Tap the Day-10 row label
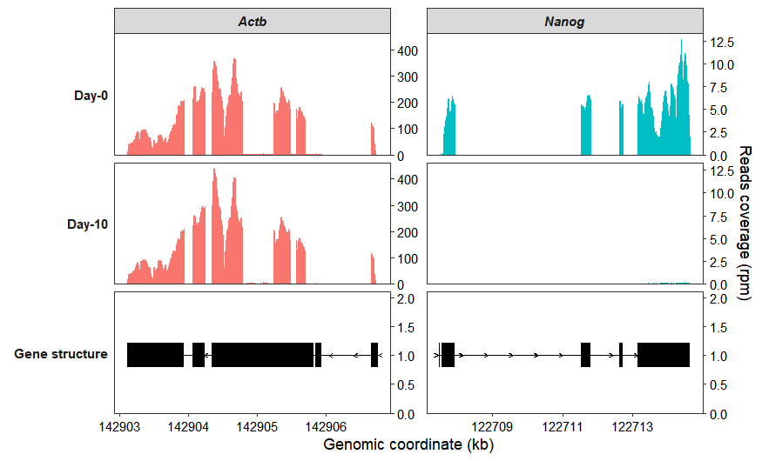click(x=88, y=224)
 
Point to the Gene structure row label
click(x=61, y=354)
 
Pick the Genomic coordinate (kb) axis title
click(x=408, y=444)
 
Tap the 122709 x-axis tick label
click(x=492, y=427)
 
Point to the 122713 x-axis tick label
click(x=631, y=427)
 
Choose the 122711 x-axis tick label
click(x=562, y=427)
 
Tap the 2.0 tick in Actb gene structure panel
click(x=406, y=298)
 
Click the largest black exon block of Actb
click(x=262, y=355)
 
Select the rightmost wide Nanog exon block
click(x=664, y=355)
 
